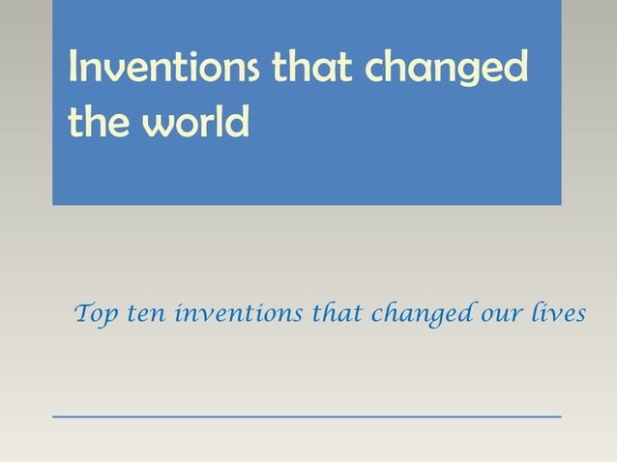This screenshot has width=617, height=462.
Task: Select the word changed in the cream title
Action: (450, 71)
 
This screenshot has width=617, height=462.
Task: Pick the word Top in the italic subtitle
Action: (95, 313)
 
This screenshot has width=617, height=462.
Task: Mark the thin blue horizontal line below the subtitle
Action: (307, 416)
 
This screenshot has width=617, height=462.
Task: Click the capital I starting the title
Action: (74, 68)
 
